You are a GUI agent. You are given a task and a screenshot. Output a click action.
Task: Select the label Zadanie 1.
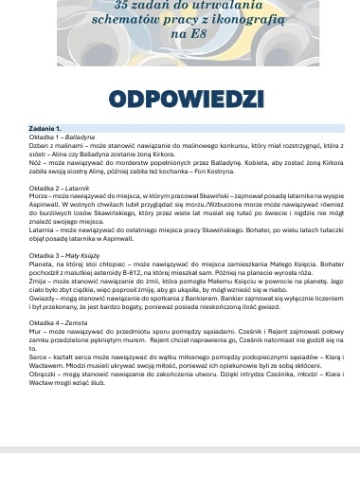(45, 127)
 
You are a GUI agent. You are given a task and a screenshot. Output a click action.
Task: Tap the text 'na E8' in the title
(180, 34)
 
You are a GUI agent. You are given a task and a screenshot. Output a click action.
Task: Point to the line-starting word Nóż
(35, 160)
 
